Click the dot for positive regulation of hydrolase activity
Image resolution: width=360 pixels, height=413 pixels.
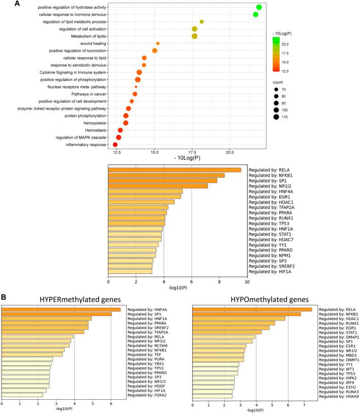(x=259, y=7)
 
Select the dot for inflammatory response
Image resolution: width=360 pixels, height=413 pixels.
(x=115, y=145)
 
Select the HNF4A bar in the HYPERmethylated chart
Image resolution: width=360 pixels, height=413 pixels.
(x=61, y=309)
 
